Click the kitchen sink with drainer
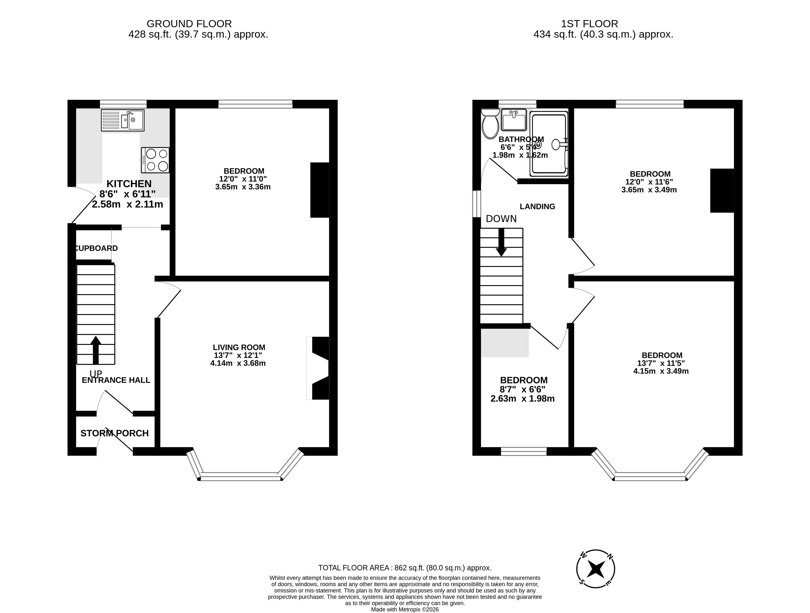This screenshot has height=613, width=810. [123, 120]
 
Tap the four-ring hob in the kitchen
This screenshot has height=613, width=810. [155, 160]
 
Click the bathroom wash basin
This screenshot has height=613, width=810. [514, 120]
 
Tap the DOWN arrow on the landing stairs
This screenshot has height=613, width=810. [501, 242]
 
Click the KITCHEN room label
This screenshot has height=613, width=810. [129, 184]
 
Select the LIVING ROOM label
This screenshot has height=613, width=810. [239, 347]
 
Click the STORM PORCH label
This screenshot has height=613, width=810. [115, 433]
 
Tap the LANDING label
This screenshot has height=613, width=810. [537, 206]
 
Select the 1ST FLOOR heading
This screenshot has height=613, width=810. [590, 24]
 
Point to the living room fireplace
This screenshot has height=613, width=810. [318, 368]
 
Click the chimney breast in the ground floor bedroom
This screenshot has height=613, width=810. [320, 190]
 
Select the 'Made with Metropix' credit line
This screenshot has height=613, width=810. [405, 609]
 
